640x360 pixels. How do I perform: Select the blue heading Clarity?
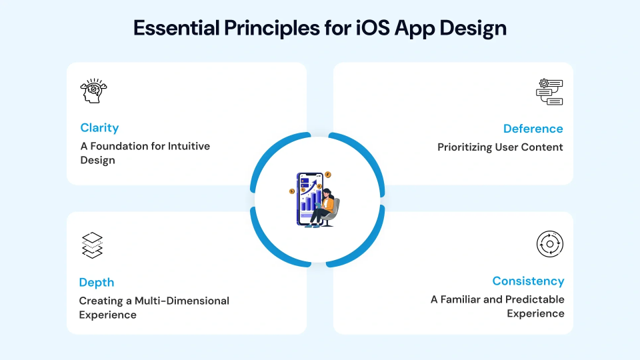coord(99,128)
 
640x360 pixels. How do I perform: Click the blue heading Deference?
coord(533,129)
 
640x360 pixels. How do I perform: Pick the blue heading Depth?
coord(97,283)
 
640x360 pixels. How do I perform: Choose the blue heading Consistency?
coord(528,281)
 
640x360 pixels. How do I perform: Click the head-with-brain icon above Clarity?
coord(93,91)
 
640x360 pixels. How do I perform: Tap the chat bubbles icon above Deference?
coord(550,91)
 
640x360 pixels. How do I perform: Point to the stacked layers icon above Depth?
coord(93,245)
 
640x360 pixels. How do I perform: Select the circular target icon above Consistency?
coord(550,245)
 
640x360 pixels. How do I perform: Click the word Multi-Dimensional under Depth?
coord(182,301)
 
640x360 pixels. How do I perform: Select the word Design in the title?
coord(474,29)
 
